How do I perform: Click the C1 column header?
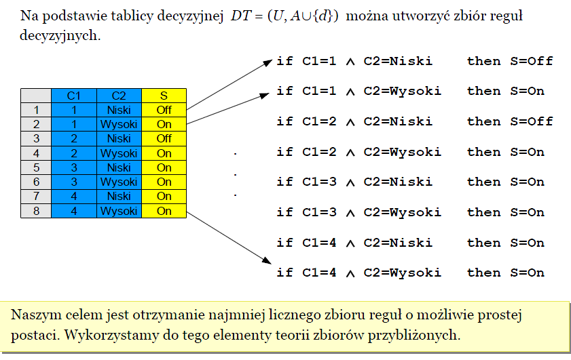74,96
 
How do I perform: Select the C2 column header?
119,96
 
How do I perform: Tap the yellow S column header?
164,96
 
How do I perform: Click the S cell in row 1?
164,110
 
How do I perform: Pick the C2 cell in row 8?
119,211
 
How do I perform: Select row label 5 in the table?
36,167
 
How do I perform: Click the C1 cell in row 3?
74,138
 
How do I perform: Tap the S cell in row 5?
164,167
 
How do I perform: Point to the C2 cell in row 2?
119,124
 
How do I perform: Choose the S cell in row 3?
164,138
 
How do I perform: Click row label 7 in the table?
36,197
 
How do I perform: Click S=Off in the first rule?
532,61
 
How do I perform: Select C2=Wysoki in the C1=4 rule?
403,273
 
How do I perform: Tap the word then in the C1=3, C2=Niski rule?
484,182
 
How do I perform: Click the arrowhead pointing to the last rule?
267,260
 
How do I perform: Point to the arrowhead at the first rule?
268,63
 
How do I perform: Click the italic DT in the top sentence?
241,16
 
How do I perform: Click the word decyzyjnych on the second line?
60,36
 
